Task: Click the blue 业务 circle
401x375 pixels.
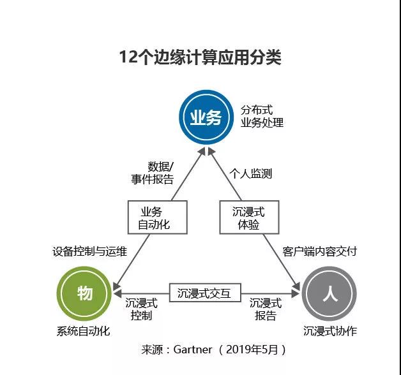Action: click(x=206, y=117)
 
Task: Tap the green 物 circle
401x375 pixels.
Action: click(x=84, y=293)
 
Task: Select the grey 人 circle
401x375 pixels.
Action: click(x=329, y=293)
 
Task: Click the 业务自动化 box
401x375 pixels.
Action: click(x=158, y=217)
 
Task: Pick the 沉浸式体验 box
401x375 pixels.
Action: click(x=249, y=217)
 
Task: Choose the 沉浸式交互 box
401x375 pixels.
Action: click(x=205, y=293)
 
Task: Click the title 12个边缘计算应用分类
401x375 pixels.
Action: click(x=200, y=57)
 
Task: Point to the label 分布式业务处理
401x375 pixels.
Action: click(x=262, y=116)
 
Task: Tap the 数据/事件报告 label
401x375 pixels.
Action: click(x=153, y=173)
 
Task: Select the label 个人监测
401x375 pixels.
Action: click(x=250, y=173)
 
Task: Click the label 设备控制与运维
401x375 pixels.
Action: click(x=90, y=251)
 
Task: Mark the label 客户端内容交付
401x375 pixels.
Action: click(x=320, y=251)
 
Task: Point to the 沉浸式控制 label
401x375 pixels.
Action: click(x=141, y=309)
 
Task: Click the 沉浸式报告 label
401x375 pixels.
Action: click(x=266, y=309)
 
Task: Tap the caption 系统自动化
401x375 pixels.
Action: click(x=83, y=332)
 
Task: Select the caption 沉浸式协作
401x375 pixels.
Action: click(x=330, y=332)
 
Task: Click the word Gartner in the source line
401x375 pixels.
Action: click(x=193, y=349)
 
